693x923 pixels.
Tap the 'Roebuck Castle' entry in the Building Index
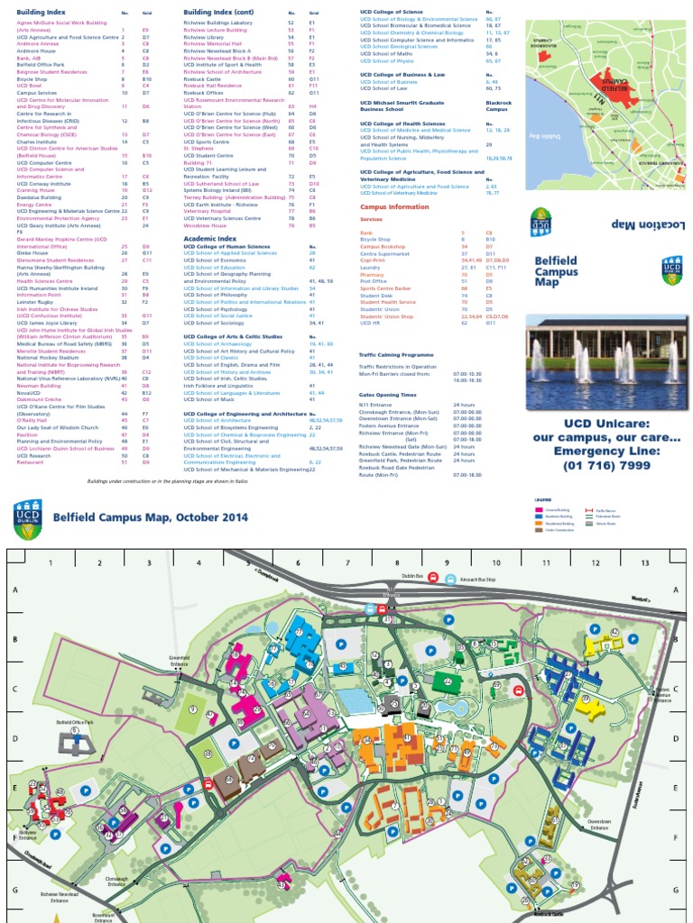click(x=202, y=78)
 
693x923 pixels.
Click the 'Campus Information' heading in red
click(x=394, y=206)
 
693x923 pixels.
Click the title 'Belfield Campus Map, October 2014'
click(x=150, y=517)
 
